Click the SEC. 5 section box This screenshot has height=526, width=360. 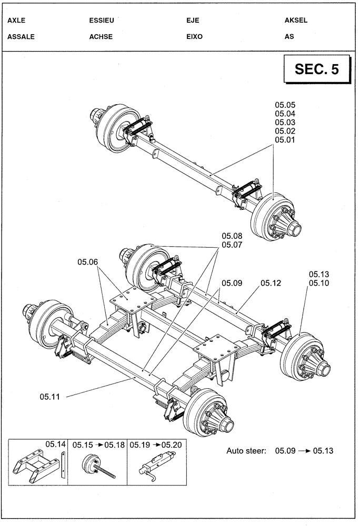[x=316, y=70]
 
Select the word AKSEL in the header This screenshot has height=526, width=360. [x=296, y=21]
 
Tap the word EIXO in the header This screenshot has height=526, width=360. [x=194, y=37]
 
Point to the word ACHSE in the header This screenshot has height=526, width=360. [x=102, y=37]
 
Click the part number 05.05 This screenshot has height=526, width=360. [x=285, y=105]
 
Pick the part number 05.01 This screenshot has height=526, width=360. [x=285, y=140]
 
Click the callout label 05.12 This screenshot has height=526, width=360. [x=271, y=283]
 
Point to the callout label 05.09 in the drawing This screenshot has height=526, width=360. [x=232, y=283]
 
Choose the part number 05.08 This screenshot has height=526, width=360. [x=232, y=236]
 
